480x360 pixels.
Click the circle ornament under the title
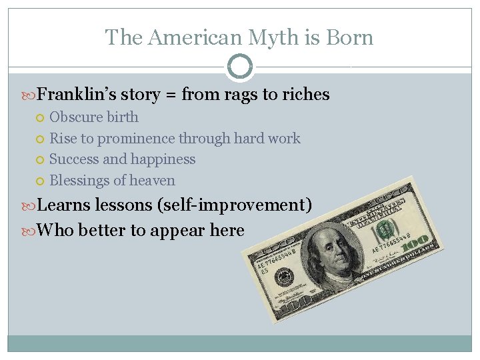(240, 67)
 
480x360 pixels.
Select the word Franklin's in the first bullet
(72, 95)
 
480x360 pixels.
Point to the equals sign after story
(170, 95)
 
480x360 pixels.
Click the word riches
(306, 95)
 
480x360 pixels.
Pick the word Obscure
(73, 117)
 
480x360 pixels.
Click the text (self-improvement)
(234, 205)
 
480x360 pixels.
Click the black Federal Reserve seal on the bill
(283, 275)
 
